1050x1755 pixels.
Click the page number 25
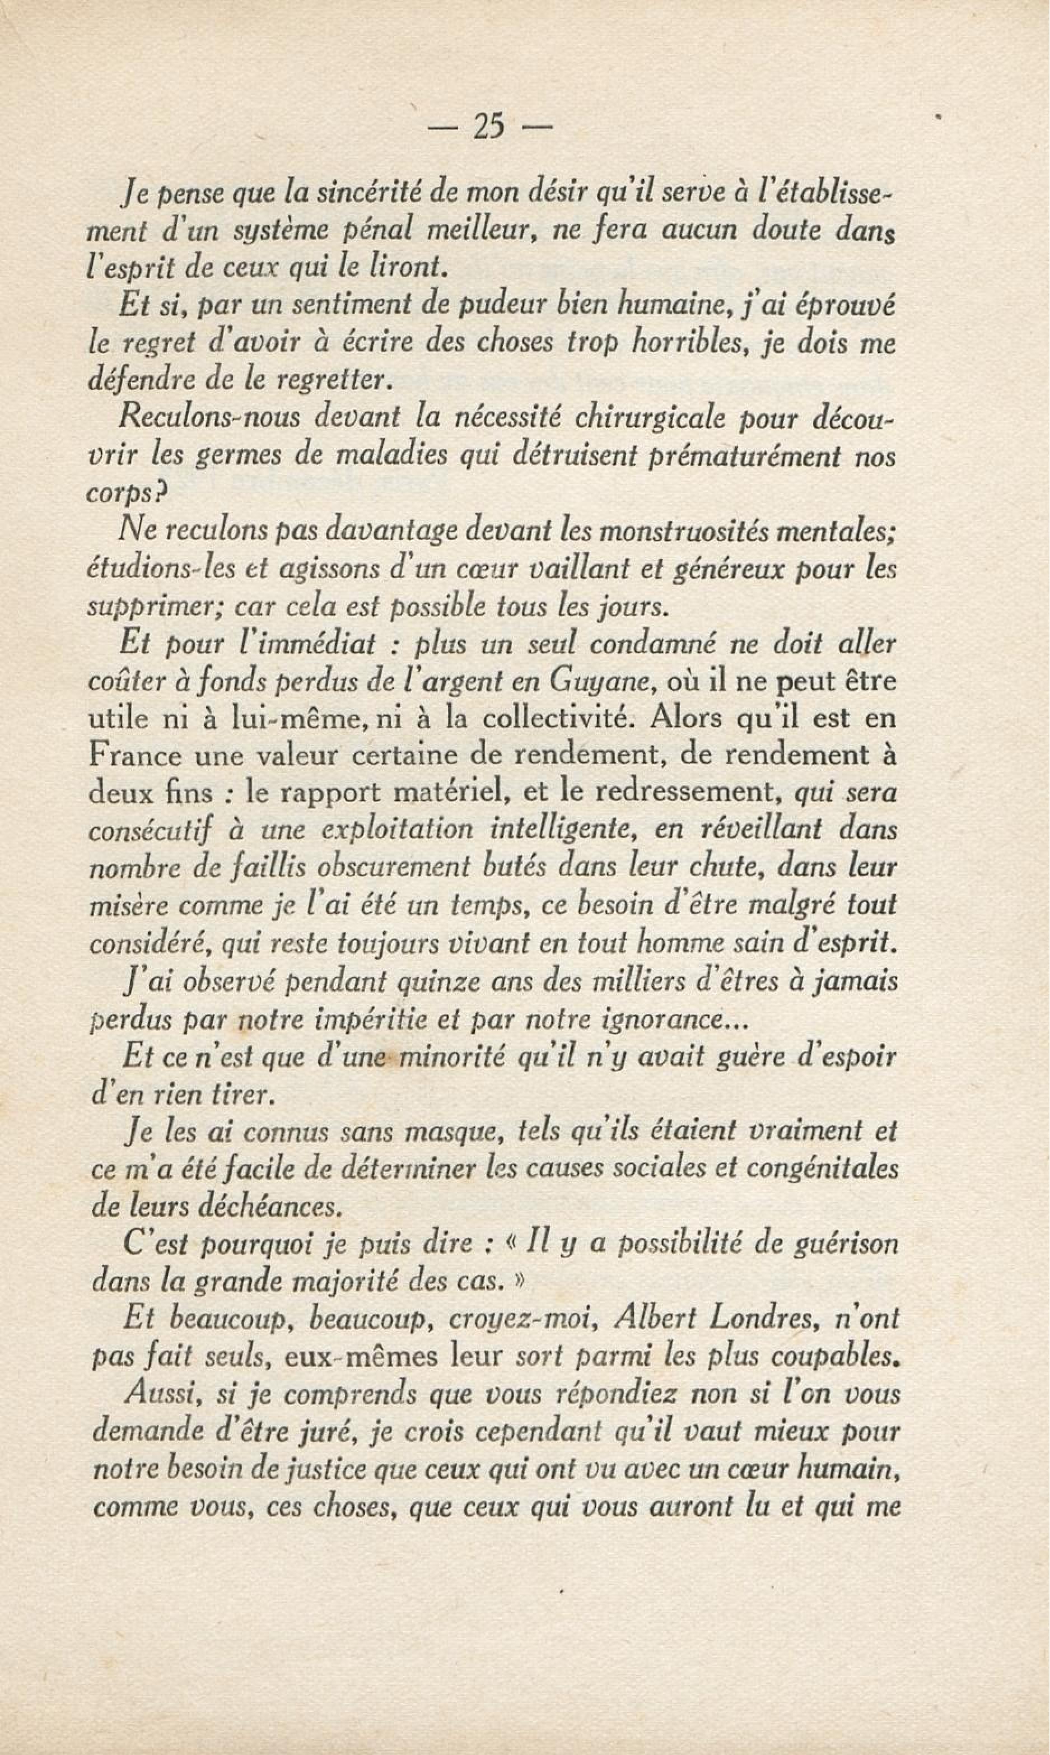point(489,127)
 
